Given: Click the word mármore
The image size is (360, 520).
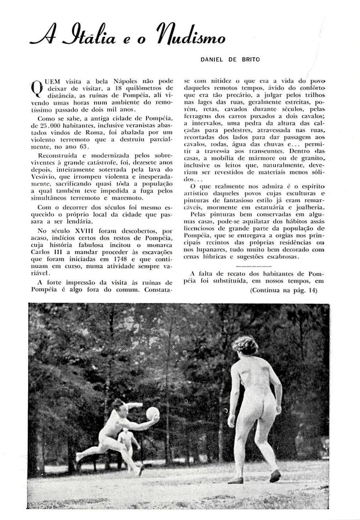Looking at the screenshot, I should pyautogui.click(x=260, y=157).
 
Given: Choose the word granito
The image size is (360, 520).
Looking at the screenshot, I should pyautogui.click(x=311, y=157).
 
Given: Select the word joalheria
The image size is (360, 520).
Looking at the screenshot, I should pyautogui.click(x=309, y=207).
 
